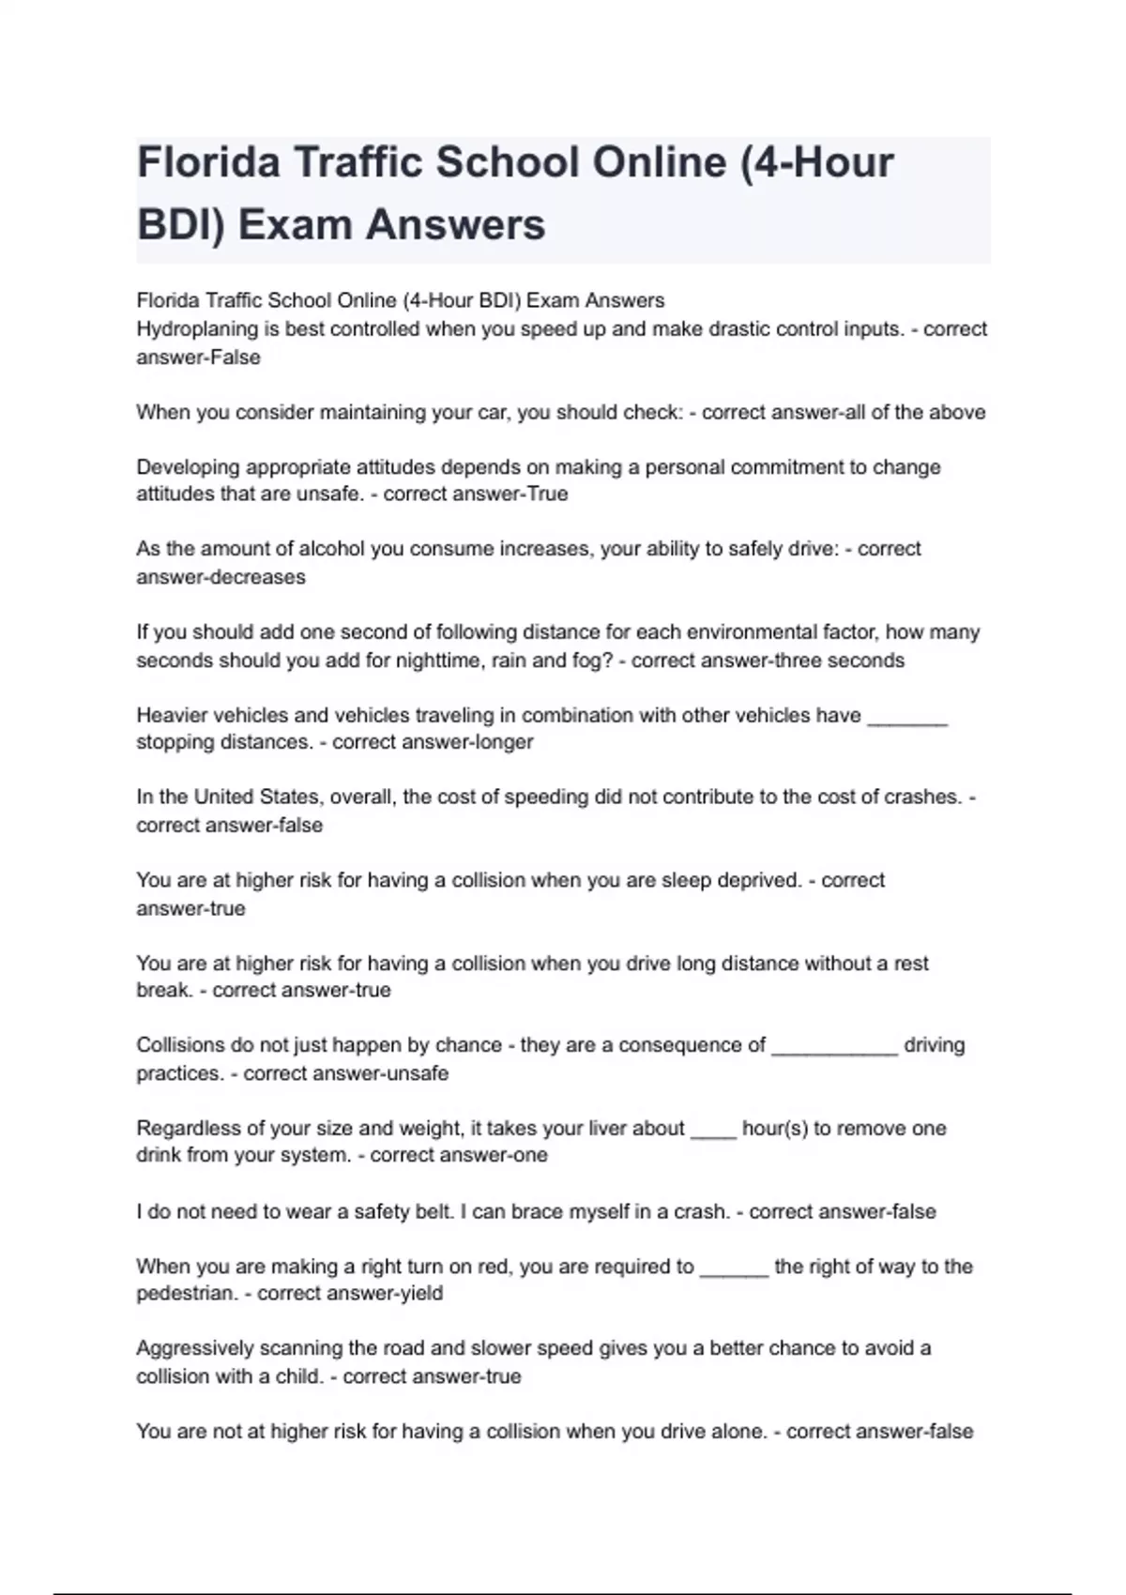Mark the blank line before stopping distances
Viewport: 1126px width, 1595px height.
click(907, 721)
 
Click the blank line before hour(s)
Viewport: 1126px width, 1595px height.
click(713, 1134)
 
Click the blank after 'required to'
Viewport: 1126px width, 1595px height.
click(734, 1273)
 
